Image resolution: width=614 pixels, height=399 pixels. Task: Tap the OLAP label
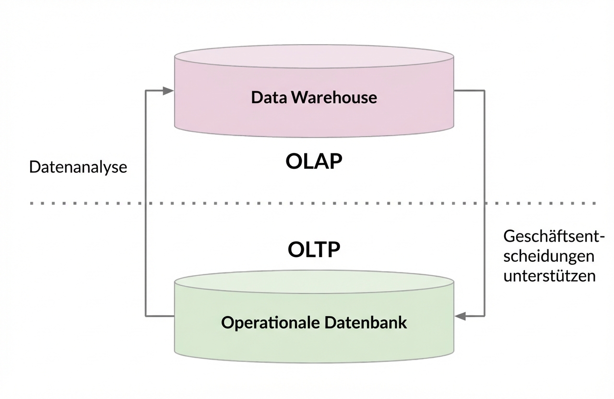pyautogui.click(x=314, y=162)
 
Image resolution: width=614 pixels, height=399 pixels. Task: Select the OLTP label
pyautogui.click(x=314, y=249)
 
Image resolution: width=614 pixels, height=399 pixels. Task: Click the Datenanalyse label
pyautogui.click(x=78, y=167)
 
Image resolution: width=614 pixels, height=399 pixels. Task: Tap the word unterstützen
pyautogui.click(x=549, y=276)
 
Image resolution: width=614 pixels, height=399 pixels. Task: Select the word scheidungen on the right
pyautogui.click(x=549, y=256)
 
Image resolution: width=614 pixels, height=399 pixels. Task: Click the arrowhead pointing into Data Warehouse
pyautogui.click(x=168, y=91)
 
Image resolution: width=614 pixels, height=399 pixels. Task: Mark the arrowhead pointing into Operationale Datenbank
pyautogui.click(x=460, y=316)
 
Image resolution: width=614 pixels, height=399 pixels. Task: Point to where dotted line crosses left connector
pyautogui.click(x=145, y=203)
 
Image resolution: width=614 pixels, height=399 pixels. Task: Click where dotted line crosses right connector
pyautogui.click(x=484, y=203)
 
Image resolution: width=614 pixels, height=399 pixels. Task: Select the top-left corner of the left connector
pyautogui.click(x=145, y=91)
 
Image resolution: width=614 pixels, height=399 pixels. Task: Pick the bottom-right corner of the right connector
pyautogui.click(x=484, y=316)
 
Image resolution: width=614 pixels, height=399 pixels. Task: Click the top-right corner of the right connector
pyautogui.click(x=484, y=90)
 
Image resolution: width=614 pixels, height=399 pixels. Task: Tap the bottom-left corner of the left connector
pyautogui.click(x=145, y=316)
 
